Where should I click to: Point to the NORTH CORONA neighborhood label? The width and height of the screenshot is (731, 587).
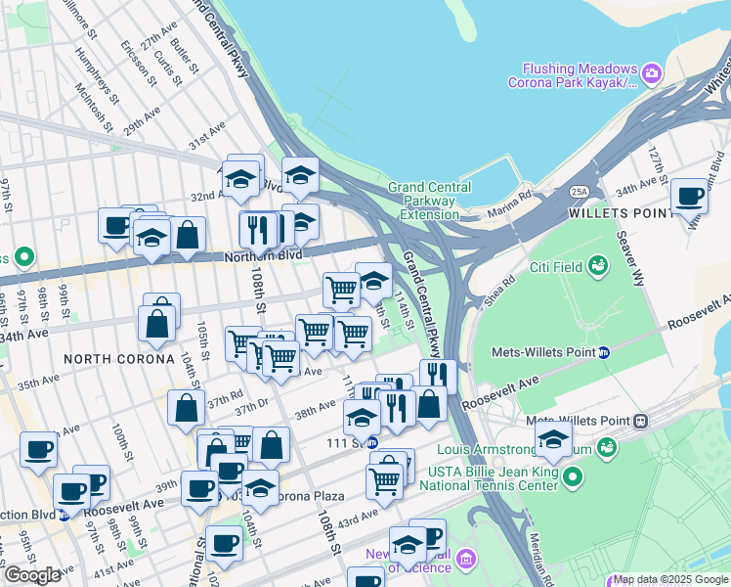tap(106, 359)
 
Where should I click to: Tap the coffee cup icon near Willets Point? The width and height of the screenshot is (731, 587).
tap(689, 197)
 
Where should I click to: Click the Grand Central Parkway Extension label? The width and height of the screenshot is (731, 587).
tap(429, 201)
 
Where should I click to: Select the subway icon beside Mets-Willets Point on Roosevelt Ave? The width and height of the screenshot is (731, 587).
tap(604, 352)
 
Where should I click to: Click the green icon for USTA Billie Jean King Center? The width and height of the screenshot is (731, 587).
tap(573, 477)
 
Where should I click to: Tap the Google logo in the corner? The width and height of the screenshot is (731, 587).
tap(32, 575)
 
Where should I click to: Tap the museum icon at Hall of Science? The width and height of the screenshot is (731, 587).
tap(465, 559)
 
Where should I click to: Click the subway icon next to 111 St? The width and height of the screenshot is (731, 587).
tap(371, 442)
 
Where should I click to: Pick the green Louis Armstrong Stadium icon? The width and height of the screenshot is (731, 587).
tap(607, 448)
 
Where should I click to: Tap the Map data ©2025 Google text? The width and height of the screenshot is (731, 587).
tap(665, 579)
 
